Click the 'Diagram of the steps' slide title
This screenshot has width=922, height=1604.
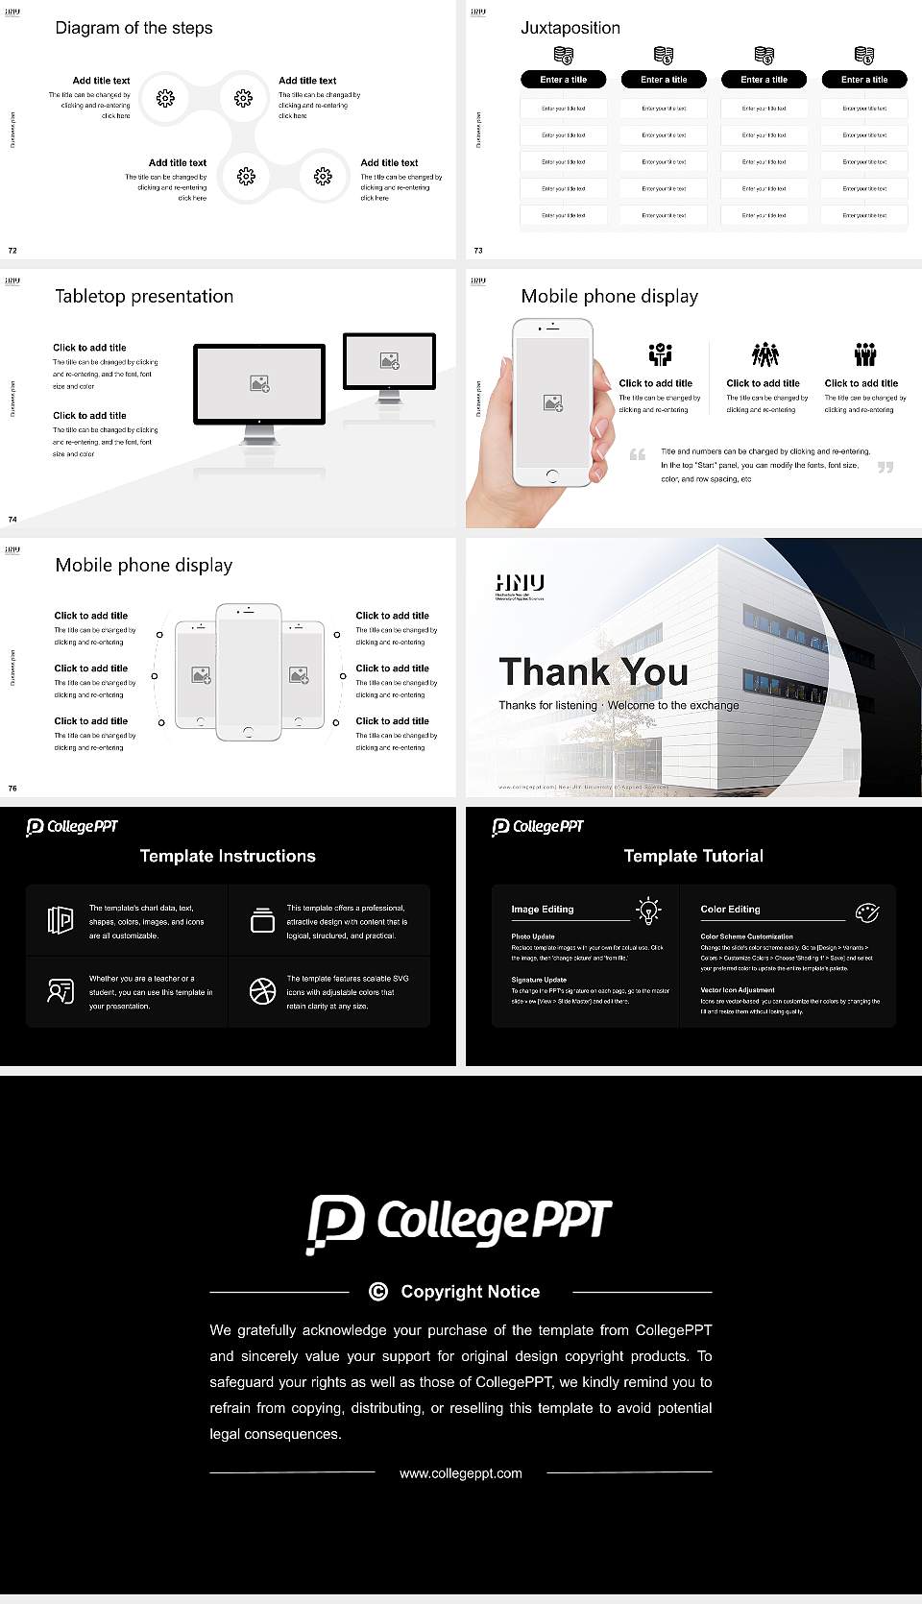tap(133, 28)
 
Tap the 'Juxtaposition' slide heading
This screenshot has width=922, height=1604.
tap(570, 28)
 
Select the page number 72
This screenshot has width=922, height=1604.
tap(12, 250)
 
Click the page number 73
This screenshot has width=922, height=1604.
tap(478, 250)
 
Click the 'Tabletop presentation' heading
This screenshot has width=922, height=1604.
tap(144, 296)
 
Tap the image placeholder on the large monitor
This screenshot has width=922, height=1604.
tap(259, 383)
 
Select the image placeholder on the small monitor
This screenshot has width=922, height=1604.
tap(389, 360)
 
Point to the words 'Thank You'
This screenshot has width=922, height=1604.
tap(594, 671)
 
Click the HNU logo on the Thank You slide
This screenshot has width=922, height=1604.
tap(520, 583)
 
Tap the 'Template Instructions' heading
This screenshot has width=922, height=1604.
tap(228, 856)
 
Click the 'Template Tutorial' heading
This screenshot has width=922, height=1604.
tap(693, 856)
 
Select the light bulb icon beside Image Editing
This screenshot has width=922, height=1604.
tap(648, 911)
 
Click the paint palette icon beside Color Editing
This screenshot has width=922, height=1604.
tap(867, 911)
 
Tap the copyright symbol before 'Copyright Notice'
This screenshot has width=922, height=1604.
tap(378, 1292)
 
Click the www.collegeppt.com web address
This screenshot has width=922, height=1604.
tap(461, 1472)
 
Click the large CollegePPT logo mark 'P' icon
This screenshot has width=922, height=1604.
tap(335, 1223)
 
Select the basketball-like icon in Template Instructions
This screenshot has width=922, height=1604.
tap(262, 991)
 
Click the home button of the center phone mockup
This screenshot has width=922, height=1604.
tap(248, 732)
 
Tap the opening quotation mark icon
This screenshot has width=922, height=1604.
tap(638, 454)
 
